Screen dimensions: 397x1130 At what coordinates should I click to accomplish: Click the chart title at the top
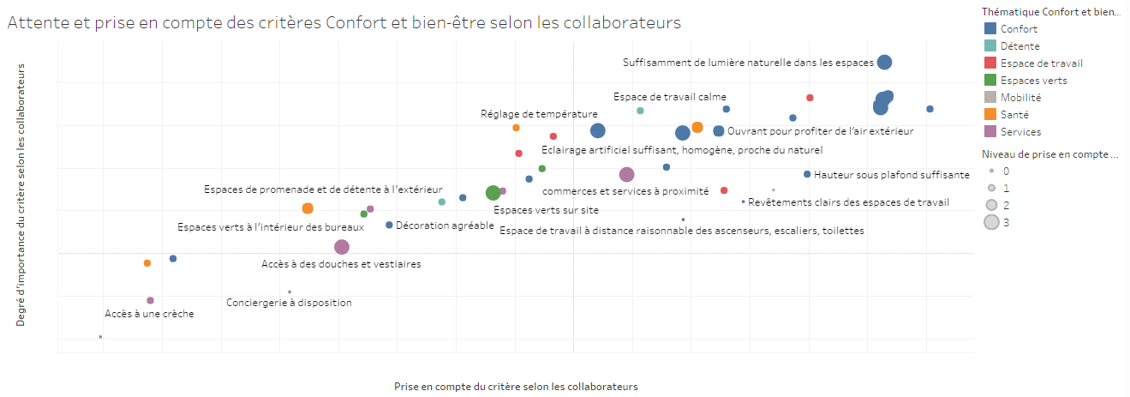pyautogui.click(x=344, y=23)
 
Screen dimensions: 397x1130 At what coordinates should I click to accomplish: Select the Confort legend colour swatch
pyautogui.click(x=991, y=29)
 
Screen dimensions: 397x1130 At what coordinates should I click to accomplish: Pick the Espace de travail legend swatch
pyautogui.click(x=991, y=63)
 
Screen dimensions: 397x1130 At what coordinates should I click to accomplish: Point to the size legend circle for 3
pyautogui.click(x=991, y=223)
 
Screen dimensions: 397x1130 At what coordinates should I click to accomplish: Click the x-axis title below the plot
pyautogui.click(x=516, y=387)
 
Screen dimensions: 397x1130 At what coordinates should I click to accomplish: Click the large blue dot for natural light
pyautogui.click(x=885, y=62)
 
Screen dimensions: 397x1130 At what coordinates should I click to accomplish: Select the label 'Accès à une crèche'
pyautogui.click(x=149, y=314)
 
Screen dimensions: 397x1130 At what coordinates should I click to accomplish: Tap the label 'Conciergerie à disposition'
pyautogui.click(x=289, y=303)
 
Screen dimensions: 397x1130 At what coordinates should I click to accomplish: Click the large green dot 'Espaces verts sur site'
pyautogui.click(x=493, y=193)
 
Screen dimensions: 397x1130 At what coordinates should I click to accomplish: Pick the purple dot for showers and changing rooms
pyautogui.click(x=342, y=247)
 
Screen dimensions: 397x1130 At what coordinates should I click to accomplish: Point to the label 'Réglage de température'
pyautogui.click(x=539, y=113)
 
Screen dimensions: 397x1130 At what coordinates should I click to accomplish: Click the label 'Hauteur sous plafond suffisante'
pyautogui.click(x=892, y=174)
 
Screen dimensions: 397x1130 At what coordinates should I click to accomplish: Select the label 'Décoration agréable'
pyautogui.click(x=445, y=226)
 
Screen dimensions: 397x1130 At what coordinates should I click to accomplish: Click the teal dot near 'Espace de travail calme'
pyautogui.click(x=640, y=111)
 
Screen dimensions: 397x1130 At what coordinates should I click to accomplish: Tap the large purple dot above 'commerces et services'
pyautogui.click(x=626, y=175)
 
